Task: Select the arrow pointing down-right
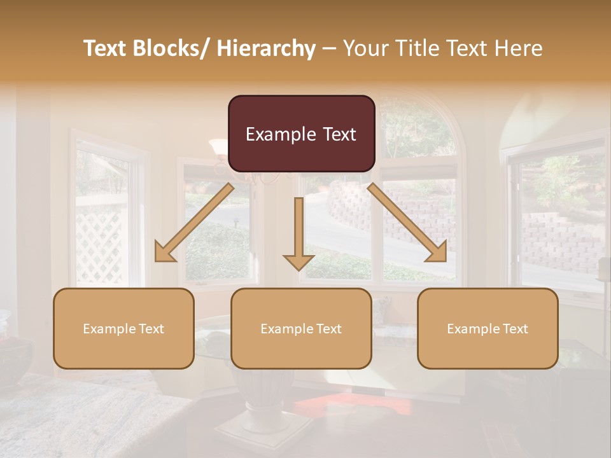pos(407,223)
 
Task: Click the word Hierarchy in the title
pos(265,48)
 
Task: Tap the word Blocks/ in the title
pos(167,48)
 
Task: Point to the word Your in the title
pos(365,48)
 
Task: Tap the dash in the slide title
pos(329,49)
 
